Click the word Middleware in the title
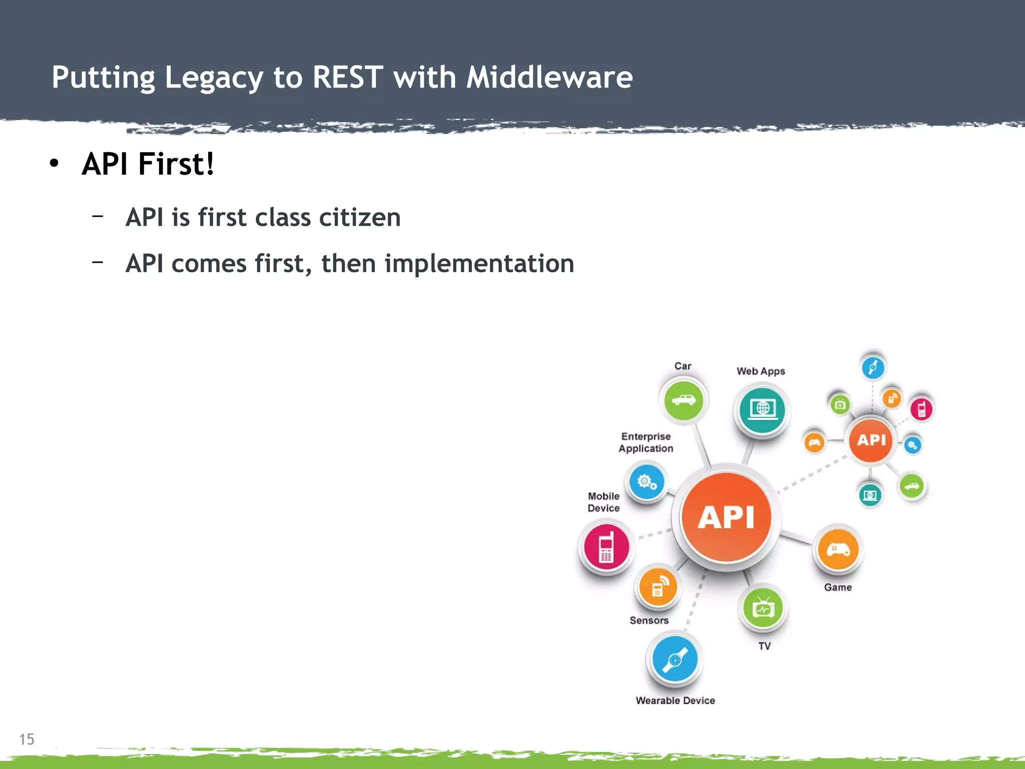pos(549,77)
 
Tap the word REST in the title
pos(347,77)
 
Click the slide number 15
pos(27,739)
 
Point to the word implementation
pos(479,263)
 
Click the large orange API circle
pos(726,517)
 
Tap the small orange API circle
pos(871,440)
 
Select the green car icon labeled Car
pos(683,400)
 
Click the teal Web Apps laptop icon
pos(762,410)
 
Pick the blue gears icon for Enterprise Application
pos(646,482)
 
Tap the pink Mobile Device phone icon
pos(606,547)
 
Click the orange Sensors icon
pos(658,587)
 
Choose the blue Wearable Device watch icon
pos(675,659)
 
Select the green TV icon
pos(763,608)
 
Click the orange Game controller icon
pos(838,550)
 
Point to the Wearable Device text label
pos(675,700)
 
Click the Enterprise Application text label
pos(646,443)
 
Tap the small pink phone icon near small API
pos(921,409)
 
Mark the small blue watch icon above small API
pos(873,367)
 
